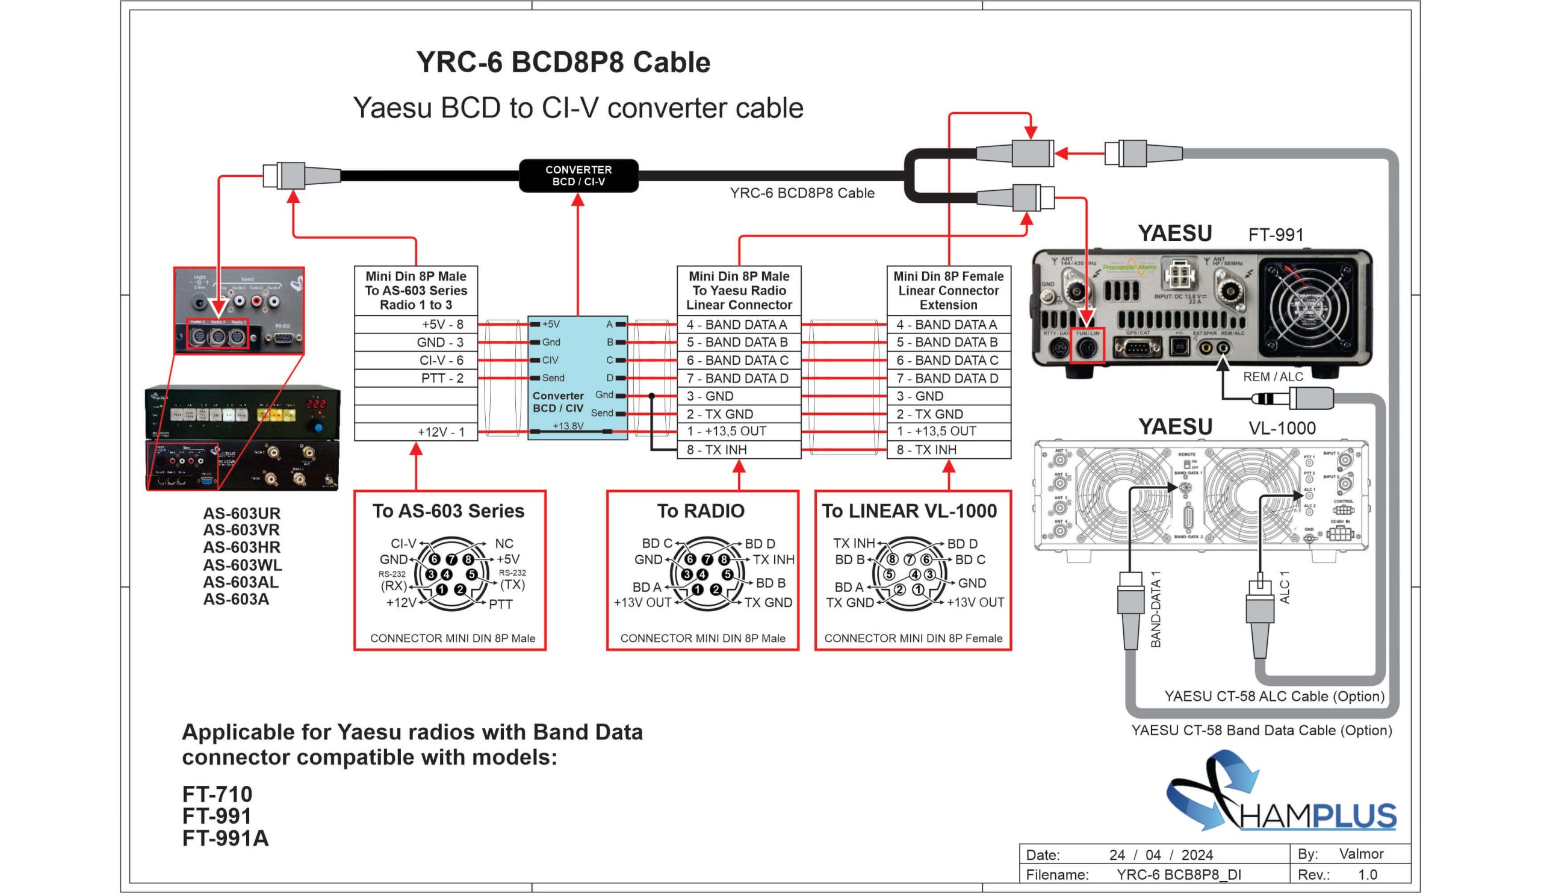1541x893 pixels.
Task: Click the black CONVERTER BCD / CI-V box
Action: coord(578,176)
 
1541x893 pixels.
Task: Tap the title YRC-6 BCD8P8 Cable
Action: coord(563,63)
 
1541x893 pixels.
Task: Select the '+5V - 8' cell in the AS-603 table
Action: coord(416,324)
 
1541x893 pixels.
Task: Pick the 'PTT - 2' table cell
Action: coord(416,378)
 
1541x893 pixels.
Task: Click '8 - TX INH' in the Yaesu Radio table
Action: coord(739,450)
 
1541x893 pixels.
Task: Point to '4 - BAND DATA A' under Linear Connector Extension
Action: coord(948,324)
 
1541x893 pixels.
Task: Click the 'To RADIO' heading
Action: coord(701,511)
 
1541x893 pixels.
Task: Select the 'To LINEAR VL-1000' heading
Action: coord(910,511)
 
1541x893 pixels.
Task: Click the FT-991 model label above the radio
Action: coord(1276,235)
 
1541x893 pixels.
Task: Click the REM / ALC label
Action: coord(1273,377)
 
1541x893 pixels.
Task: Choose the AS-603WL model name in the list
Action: coord(242,565)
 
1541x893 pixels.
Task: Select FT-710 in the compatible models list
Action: coord(217,794)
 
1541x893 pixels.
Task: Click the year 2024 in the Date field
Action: coord(1197,854)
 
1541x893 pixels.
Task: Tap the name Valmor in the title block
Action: coord(1360,853)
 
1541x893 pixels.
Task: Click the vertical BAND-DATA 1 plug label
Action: coord(1155,609)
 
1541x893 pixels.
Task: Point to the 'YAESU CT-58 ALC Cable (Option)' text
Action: coord(1274,696)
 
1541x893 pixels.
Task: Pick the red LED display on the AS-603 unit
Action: coord(315,403)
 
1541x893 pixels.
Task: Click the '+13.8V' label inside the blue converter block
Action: coord(568,426)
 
